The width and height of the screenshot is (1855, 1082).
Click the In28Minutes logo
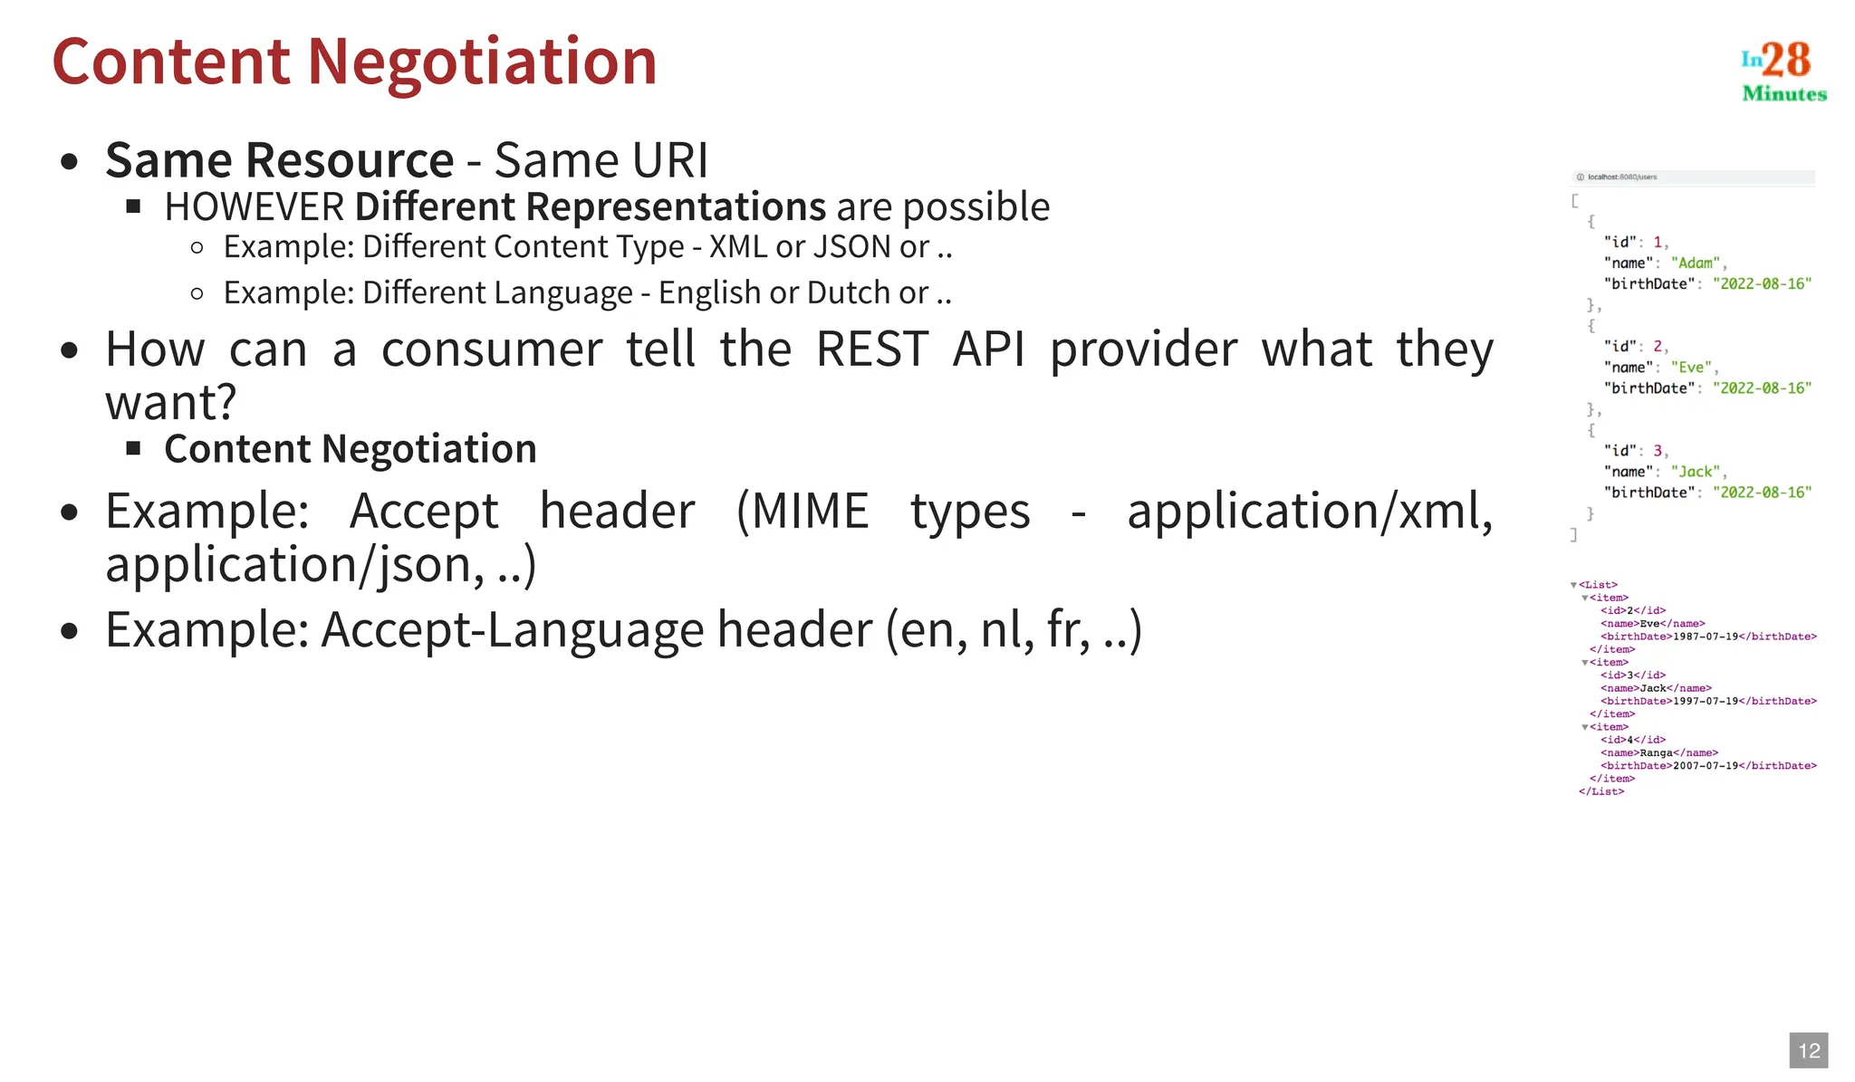tap(1783, 71)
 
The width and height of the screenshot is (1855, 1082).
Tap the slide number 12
tap(1809, 1050)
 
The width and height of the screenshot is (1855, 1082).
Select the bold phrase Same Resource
tap(279, 160)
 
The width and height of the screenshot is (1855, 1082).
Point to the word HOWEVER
tap(255, 207)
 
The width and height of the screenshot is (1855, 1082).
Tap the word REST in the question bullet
tap(872, 349)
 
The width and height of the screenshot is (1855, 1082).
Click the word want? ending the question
tap(170, 402)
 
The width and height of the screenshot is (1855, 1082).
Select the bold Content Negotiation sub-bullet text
tap(351, 449)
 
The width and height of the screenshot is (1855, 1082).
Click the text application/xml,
tap(1309, 512)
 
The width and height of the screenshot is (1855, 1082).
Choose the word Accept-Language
tap(512, 629)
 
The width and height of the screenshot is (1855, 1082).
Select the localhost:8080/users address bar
tap(1621, 177)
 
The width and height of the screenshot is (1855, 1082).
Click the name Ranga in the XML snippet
tap(1656, 752)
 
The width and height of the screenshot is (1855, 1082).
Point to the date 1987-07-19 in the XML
tap(1705, 637)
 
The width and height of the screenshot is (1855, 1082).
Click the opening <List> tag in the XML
tap(1598, 585)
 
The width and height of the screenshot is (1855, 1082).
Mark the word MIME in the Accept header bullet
tap(810, 512)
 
